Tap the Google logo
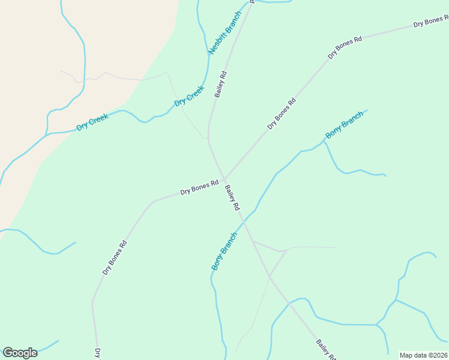point(20,353)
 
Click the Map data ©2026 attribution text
point(423,355)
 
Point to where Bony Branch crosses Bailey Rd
point(244,221)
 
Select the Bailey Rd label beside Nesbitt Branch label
point(220,85)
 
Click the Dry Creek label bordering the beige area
point(92,122)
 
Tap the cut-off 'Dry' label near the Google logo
point(97,353)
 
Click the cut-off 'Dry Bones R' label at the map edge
point(431,22)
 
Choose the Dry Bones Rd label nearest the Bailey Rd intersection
point(199,188)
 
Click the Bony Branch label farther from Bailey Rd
point(344,124)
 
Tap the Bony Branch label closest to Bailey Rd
point(224,251)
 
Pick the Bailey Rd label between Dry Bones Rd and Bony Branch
point(232,197)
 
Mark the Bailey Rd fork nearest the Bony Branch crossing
point(253,241)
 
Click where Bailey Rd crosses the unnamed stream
point(289,303)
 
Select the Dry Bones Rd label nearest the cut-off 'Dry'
point(114,257)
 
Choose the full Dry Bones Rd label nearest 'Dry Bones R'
point(345,47)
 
